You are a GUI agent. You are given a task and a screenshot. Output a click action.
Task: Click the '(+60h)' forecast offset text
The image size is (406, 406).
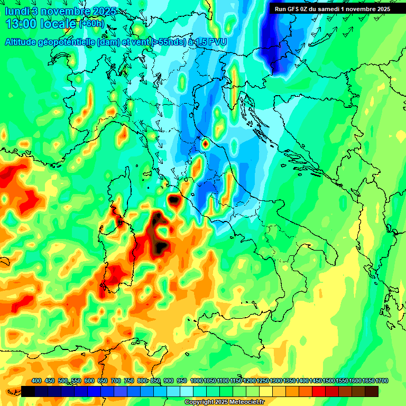92,24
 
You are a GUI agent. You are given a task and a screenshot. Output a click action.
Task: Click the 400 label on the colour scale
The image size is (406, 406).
36,381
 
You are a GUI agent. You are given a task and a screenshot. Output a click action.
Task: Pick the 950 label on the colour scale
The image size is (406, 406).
182,381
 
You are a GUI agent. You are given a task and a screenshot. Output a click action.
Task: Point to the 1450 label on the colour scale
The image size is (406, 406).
315,381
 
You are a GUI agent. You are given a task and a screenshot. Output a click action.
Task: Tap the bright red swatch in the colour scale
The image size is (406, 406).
319,391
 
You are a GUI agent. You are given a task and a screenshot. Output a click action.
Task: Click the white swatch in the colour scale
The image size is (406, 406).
187,391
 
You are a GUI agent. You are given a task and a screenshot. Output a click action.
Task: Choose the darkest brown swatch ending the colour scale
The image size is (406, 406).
372,391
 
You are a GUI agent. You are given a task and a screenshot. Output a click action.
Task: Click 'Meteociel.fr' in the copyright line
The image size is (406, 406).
246,402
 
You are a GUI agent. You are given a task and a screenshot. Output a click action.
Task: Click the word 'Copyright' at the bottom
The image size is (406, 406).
199,402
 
